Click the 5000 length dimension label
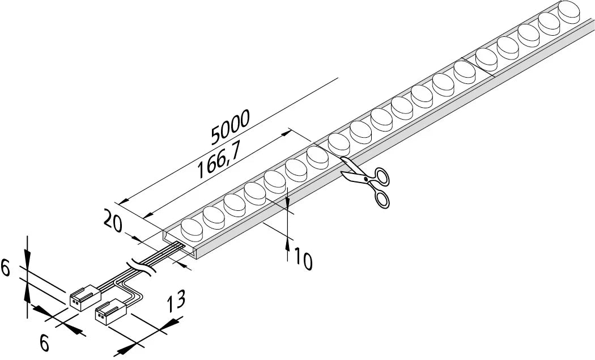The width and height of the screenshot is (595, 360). click(x=230, y=127)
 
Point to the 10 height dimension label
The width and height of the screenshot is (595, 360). click(x=303, y=259)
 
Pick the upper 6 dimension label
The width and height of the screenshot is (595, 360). click(x=5, y=268)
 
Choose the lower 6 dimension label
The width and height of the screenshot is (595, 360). click(x=44, y=344)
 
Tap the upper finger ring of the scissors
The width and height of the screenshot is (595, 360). click(x=382, y=176)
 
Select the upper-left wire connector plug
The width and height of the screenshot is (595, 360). click(x=85, y=298)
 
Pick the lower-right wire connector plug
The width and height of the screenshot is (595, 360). click(x=110, y=311)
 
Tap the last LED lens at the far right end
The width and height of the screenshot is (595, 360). click(x=569, y=12)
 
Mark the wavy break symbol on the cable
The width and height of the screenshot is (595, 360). click(x=141, y=266)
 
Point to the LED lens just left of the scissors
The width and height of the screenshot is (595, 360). click(x=317, y=158)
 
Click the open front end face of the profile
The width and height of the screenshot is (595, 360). click(x=180, y=244)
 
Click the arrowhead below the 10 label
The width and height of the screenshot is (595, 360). click(x=288, y=245)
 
